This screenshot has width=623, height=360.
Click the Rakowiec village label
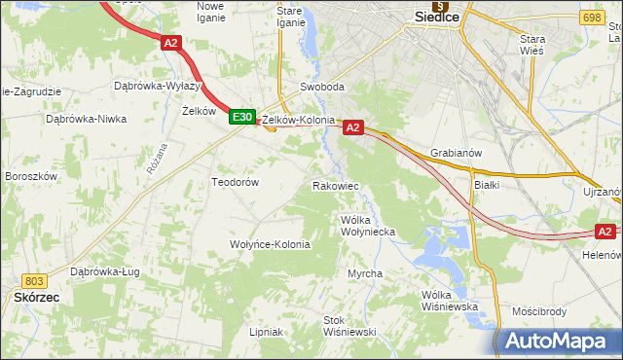tap(336, 185)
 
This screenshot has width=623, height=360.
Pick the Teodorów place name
tap(235, 182)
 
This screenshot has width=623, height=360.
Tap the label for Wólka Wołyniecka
tap(367, 226)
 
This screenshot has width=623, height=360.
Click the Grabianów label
tap(456, 153)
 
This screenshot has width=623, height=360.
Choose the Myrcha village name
tap(365, 273)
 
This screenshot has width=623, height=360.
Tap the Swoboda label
tap(322, 87)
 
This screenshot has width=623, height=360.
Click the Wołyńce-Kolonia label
tap(269, 244)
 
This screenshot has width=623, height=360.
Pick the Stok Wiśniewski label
tap(349, 325)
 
